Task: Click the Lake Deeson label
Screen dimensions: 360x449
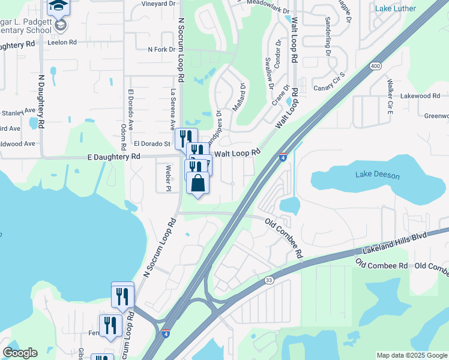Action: click(x=377, y=175)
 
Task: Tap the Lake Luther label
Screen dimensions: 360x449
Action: click(x=394, y=8)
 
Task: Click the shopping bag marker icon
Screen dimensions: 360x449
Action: click(x=197, y=183)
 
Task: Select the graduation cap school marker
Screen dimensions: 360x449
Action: click(x=58, y=6)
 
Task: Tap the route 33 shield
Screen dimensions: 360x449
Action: click(x=269, y=280)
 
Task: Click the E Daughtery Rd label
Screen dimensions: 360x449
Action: click(x=113, y=156)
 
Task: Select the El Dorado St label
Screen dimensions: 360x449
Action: click(x=152, y=143)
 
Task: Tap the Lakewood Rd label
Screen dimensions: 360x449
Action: click(x=420, y=95)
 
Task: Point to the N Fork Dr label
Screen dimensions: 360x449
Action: click(x=161, y=49)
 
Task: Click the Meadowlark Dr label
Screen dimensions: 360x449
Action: click(x=259, y=3)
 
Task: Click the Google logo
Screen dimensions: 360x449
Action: click(x=20, y=353)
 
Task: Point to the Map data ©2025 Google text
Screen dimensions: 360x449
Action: click(x=411, y=355)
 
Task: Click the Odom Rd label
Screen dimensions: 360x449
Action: click(x=123, y=136)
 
